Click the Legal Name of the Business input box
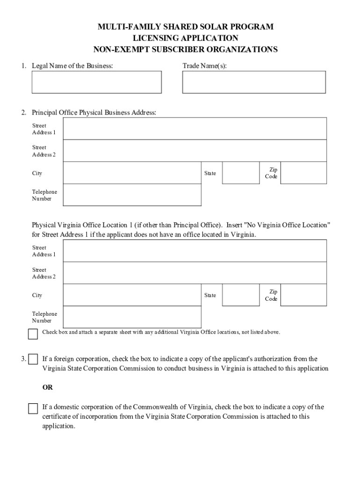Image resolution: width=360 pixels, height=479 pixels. point(96,82)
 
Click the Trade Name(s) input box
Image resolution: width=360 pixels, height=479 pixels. point(254,82)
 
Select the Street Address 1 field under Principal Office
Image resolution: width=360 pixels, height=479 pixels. point(194,129)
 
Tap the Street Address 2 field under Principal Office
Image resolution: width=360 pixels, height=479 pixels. point(194,151)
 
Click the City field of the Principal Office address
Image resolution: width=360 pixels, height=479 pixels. point(132,173)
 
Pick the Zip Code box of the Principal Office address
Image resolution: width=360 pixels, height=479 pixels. point(303,173)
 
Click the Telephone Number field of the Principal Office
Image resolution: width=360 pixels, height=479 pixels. point(132,195)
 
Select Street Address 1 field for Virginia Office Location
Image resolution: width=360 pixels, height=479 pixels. point(194,251)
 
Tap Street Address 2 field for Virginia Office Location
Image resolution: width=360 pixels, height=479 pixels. point(194,273)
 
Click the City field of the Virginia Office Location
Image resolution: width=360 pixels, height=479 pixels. point(132,295)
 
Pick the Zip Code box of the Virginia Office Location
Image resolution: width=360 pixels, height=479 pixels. point(303,295)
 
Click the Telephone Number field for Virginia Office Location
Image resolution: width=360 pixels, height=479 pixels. point(132,317)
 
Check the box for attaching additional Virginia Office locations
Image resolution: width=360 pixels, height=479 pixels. point(33,334)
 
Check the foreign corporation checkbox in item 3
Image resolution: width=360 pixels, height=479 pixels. point(33,359)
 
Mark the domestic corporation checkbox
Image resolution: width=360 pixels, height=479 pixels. point(33,408)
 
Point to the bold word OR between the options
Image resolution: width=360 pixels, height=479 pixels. point(48,388)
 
